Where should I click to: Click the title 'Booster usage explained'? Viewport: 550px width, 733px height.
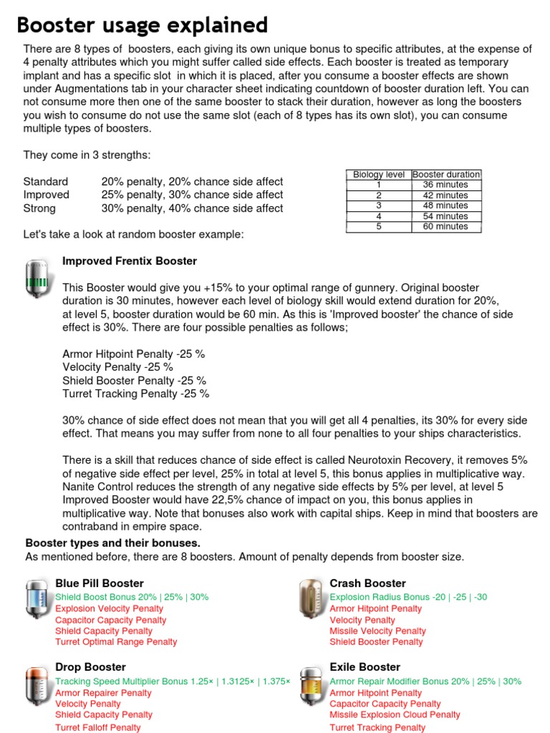click(142, 25)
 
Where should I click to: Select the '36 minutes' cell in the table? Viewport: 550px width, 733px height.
click(445, 185)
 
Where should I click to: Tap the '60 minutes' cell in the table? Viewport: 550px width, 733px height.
click(445, 227)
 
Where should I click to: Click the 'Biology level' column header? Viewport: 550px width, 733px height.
click(379, 174)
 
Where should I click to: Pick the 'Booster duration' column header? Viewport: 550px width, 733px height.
click(446, 174)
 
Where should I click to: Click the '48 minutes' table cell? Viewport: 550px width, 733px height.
click(445, 205)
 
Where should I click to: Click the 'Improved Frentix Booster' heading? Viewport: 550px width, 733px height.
click(130, 261)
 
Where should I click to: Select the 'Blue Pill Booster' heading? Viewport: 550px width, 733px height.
click(100, 583)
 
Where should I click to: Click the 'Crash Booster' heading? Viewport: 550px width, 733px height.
click(367, 583)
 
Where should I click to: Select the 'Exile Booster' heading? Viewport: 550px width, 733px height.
click(366, 667)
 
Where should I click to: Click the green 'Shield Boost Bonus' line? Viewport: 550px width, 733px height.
click(132, 597)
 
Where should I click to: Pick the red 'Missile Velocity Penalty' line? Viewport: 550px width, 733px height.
click(377, 631)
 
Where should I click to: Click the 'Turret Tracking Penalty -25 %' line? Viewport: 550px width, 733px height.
click(135, 394)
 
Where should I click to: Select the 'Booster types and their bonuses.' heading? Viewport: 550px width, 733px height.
click(113, 543)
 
